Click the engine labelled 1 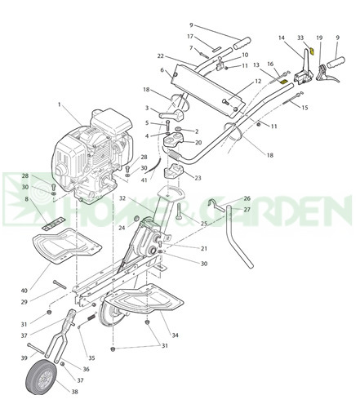tap(94, 157)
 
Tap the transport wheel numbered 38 tap(41, 376)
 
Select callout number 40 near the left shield tap(24, 291)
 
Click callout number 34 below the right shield tap(176, 335)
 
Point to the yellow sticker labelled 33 tap(312, 51)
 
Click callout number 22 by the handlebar tap(161, 56)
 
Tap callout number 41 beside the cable tap(144, 180)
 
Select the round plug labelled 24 tap(136, 218)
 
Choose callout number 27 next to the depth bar tap(247, 210)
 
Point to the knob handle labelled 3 tap(171, 114)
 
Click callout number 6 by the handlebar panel tap(162, 70)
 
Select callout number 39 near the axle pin tap(24, 357)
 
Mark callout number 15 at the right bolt tap(304, 108)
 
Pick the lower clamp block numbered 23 tap(173, 171)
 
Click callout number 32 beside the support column tap(122, 198)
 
